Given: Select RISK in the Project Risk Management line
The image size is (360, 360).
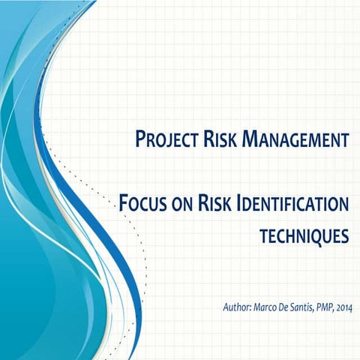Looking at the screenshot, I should click(x=223, y=139).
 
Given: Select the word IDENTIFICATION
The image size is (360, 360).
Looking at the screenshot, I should click(x=294, y=203).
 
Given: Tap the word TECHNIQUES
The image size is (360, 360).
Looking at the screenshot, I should click(x=304, y=237).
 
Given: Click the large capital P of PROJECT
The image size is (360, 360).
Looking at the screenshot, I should click(x=140, y=139).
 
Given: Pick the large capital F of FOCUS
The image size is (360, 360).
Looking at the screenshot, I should click(x=125, y=203).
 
